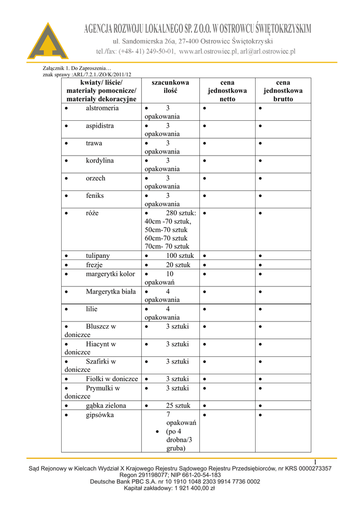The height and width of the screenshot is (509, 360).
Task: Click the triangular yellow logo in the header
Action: coord(47,42)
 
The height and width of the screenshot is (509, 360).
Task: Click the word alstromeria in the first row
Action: coord(102,108)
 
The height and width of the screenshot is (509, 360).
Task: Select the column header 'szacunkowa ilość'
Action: coord(170,86)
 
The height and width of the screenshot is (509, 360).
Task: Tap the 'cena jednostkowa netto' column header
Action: coord(227,90)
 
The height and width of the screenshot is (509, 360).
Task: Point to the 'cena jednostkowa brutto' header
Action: coord(283,90)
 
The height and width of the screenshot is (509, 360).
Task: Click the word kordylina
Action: coord(99,161)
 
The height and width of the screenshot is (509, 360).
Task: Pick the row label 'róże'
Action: coord(92,213)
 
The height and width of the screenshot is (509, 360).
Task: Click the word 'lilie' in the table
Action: coord(91,309)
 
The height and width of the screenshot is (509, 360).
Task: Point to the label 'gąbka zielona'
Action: coord(106,406)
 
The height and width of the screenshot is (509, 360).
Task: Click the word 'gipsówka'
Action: coord(99,415)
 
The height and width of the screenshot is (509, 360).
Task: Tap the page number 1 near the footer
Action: coord(315,463)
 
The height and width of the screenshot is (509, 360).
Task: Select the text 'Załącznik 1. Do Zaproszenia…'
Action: coord(77,68)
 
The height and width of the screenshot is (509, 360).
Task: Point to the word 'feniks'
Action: coord(95,196)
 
